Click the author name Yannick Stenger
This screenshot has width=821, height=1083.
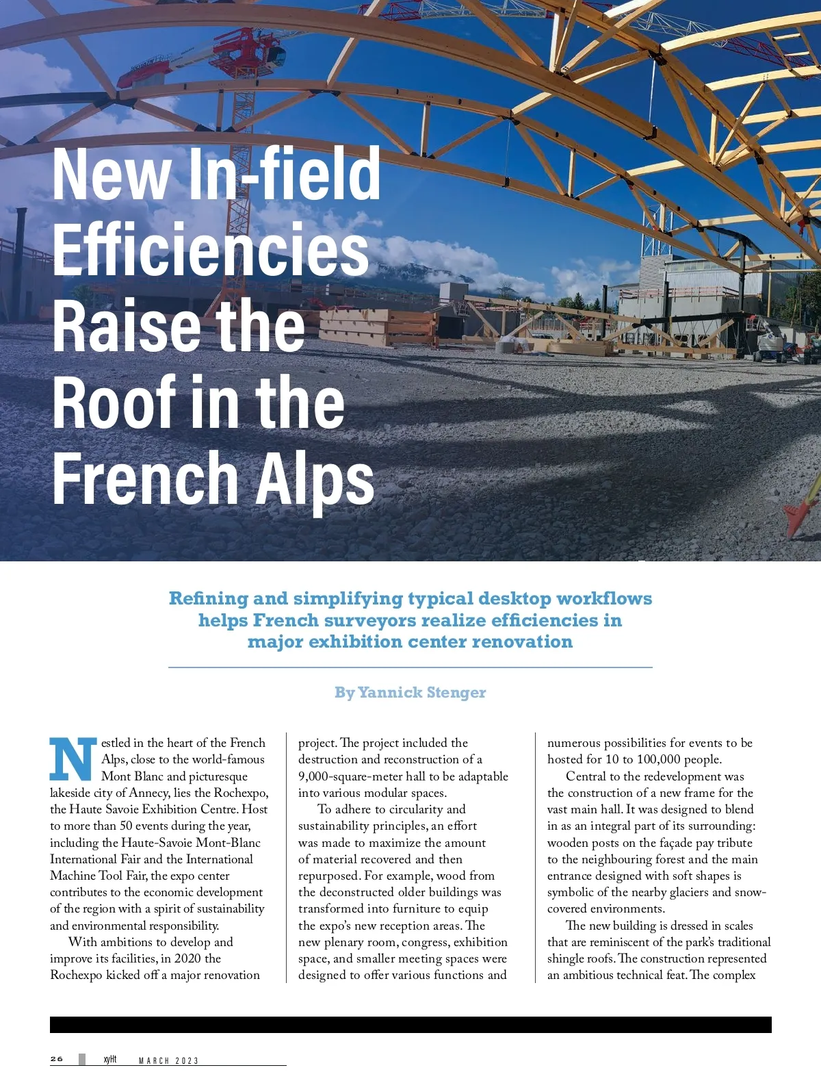pyautogui.click(x=421, y=692)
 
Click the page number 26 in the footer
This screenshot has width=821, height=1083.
pyautogui.click(x=57, y=1059)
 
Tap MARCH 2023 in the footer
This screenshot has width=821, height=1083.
pyautogui.click(x=168, y=1060)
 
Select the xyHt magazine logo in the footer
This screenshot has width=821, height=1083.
pyautogui.click(x=109, y=1059)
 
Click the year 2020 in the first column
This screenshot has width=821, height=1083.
pyautogui.click(x=187, y=958)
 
